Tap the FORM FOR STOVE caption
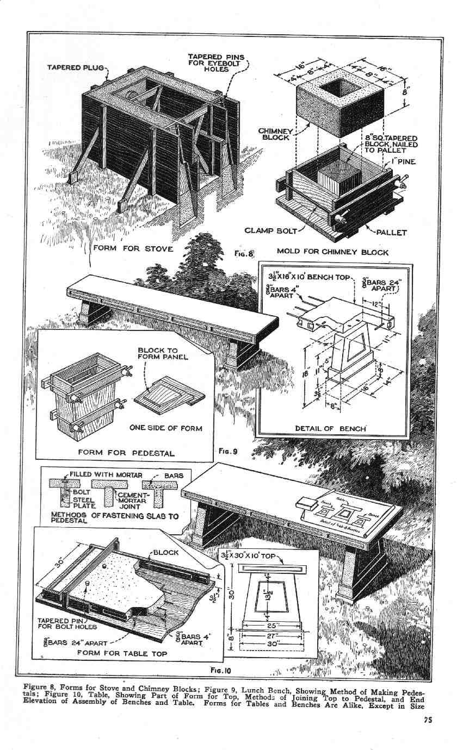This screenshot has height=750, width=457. click(133, 249)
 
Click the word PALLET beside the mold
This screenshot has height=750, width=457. click(391, 232)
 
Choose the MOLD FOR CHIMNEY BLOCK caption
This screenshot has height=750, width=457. click(332, 252)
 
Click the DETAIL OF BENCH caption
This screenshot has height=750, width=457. click(330, 428)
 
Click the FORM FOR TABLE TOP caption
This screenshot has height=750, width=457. click(122, 653)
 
